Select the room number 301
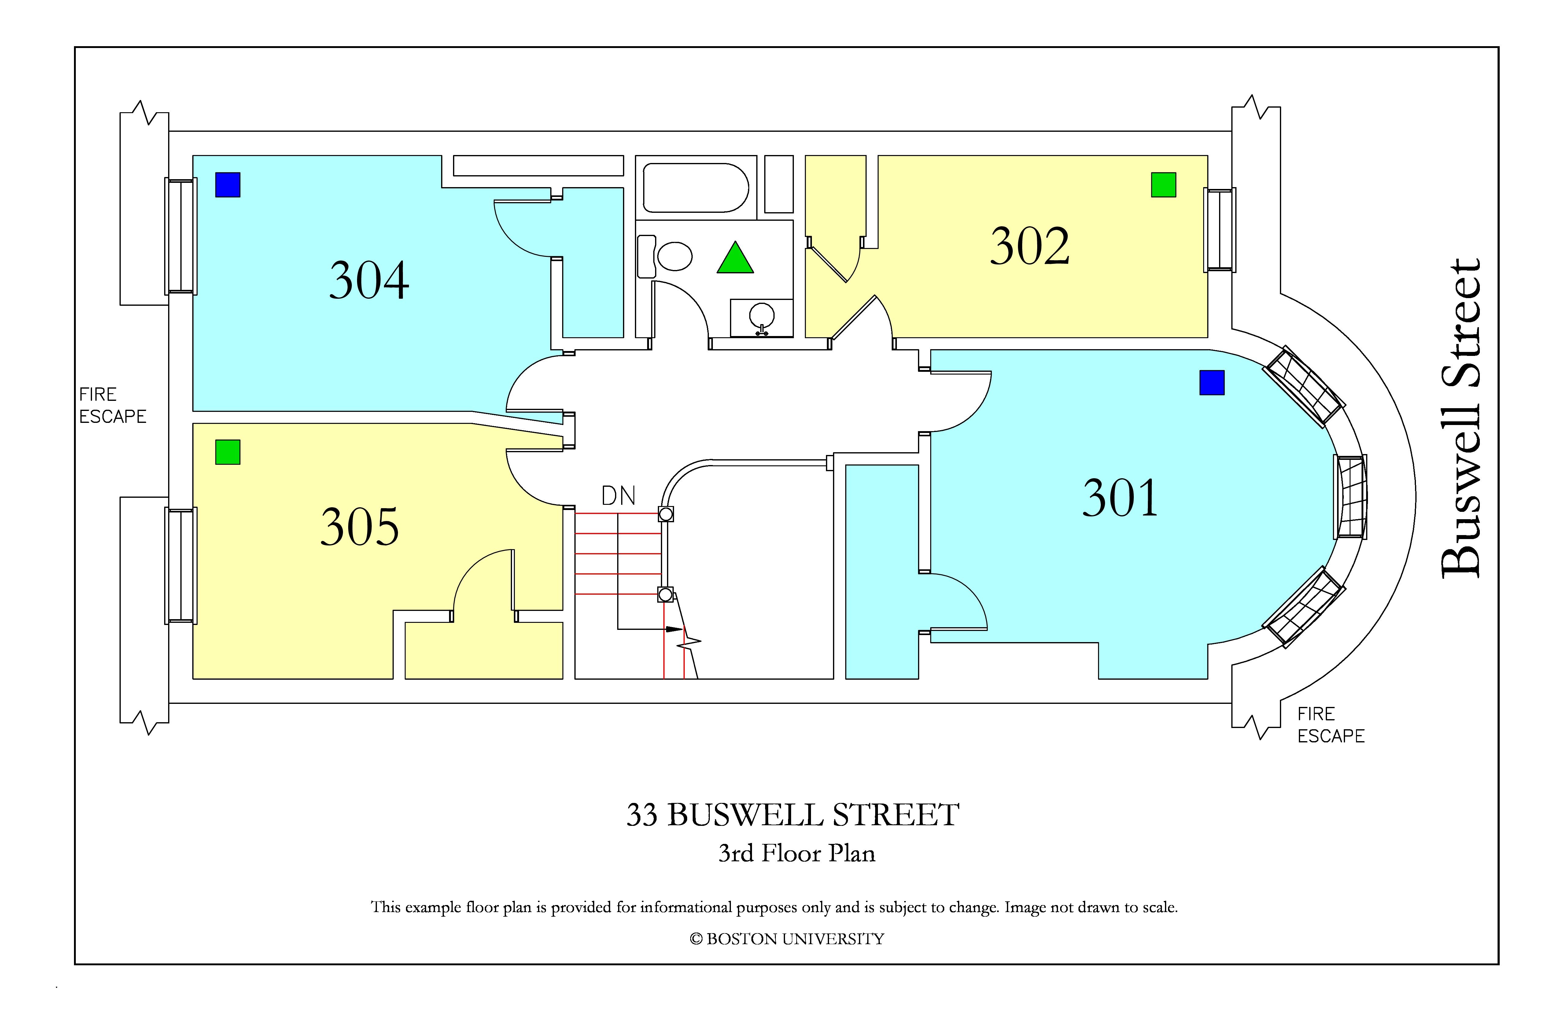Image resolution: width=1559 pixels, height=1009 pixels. coord(1120,498)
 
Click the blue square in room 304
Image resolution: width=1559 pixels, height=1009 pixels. coord(228,185)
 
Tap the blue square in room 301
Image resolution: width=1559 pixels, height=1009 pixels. coord(1212,383)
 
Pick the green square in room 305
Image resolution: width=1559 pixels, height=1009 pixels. coord(228,452)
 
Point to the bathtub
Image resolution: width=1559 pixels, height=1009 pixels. coord(696,188)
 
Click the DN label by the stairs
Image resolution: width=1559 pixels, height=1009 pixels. coord(618,496)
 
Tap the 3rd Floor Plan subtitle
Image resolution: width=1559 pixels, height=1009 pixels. coord(797,853)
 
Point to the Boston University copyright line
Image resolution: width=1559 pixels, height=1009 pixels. coord(787,939)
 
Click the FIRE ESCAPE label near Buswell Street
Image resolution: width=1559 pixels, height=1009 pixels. coord(1331,725)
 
